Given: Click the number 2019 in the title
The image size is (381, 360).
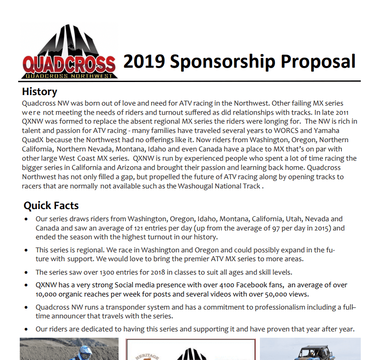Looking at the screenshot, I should [143, 62].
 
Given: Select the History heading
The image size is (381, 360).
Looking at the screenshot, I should [40, 92].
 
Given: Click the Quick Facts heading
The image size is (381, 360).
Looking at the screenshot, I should [51, 206].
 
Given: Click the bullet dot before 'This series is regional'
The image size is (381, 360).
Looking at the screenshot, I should [26, 250].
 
